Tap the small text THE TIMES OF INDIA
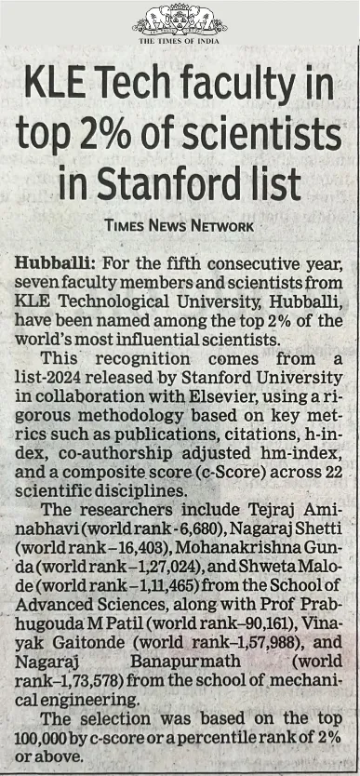180,41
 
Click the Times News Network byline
180,226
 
